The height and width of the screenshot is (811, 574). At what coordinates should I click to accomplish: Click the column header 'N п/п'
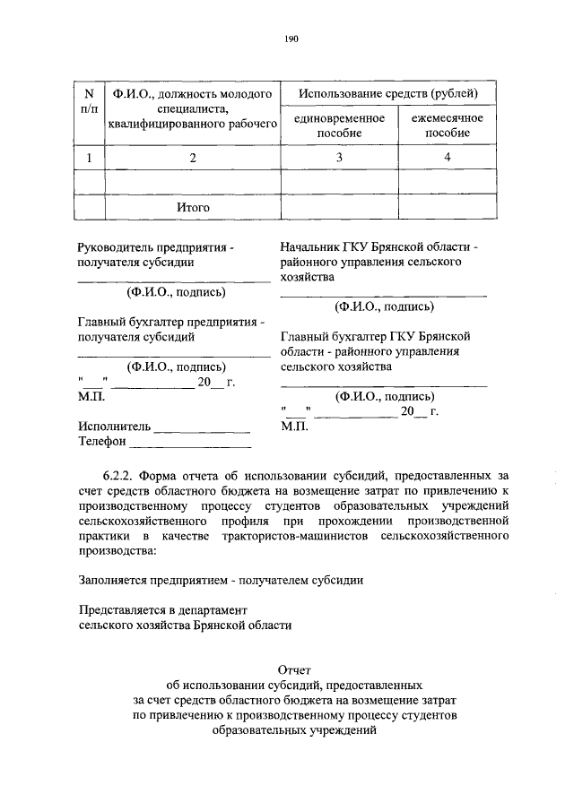point(88,101)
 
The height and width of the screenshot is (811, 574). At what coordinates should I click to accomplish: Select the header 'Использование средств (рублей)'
point(388,93)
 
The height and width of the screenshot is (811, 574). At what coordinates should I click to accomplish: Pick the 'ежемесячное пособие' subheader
point(447,125)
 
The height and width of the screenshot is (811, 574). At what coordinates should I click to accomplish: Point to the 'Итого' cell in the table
point(192,207)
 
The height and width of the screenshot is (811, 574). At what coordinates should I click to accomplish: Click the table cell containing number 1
point(88,159)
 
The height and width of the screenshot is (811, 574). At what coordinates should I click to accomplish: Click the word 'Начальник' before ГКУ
point(310,246)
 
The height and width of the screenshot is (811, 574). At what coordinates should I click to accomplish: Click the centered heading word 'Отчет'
point(296,669)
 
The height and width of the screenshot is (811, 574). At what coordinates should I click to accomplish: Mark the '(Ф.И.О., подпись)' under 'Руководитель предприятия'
point(175,291)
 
